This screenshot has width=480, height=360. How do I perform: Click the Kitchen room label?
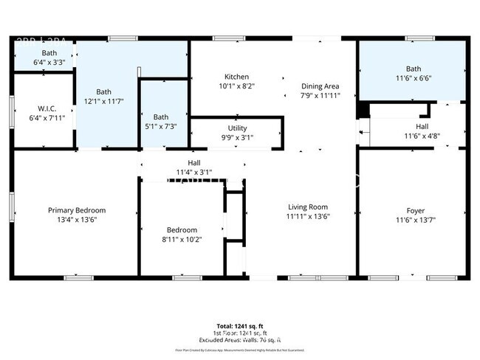point(236,77)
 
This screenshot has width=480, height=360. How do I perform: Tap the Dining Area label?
point(320,86)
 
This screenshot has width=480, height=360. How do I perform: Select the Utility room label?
point(237,128)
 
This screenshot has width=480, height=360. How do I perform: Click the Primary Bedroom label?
point(77,210)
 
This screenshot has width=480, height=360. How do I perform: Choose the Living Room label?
point(307,207)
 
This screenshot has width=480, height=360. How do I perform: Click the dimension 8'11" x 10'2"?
point(182,239)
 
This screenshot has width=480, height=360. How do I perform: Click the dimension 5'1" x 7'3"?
point(161,127)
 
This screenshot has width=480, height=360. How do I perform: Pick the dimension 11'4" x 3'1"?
point(193,172)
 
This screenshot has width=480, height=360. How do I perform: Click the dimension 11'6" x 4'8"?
point(422,136)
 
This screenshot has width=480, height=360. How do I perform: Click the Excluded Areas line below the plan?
point(241,339)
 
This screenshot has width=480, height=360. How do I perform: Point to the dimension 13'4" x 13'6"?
point(77,219)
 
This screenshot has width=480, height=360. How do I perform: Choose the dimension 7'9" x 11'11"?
point(320,95)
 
